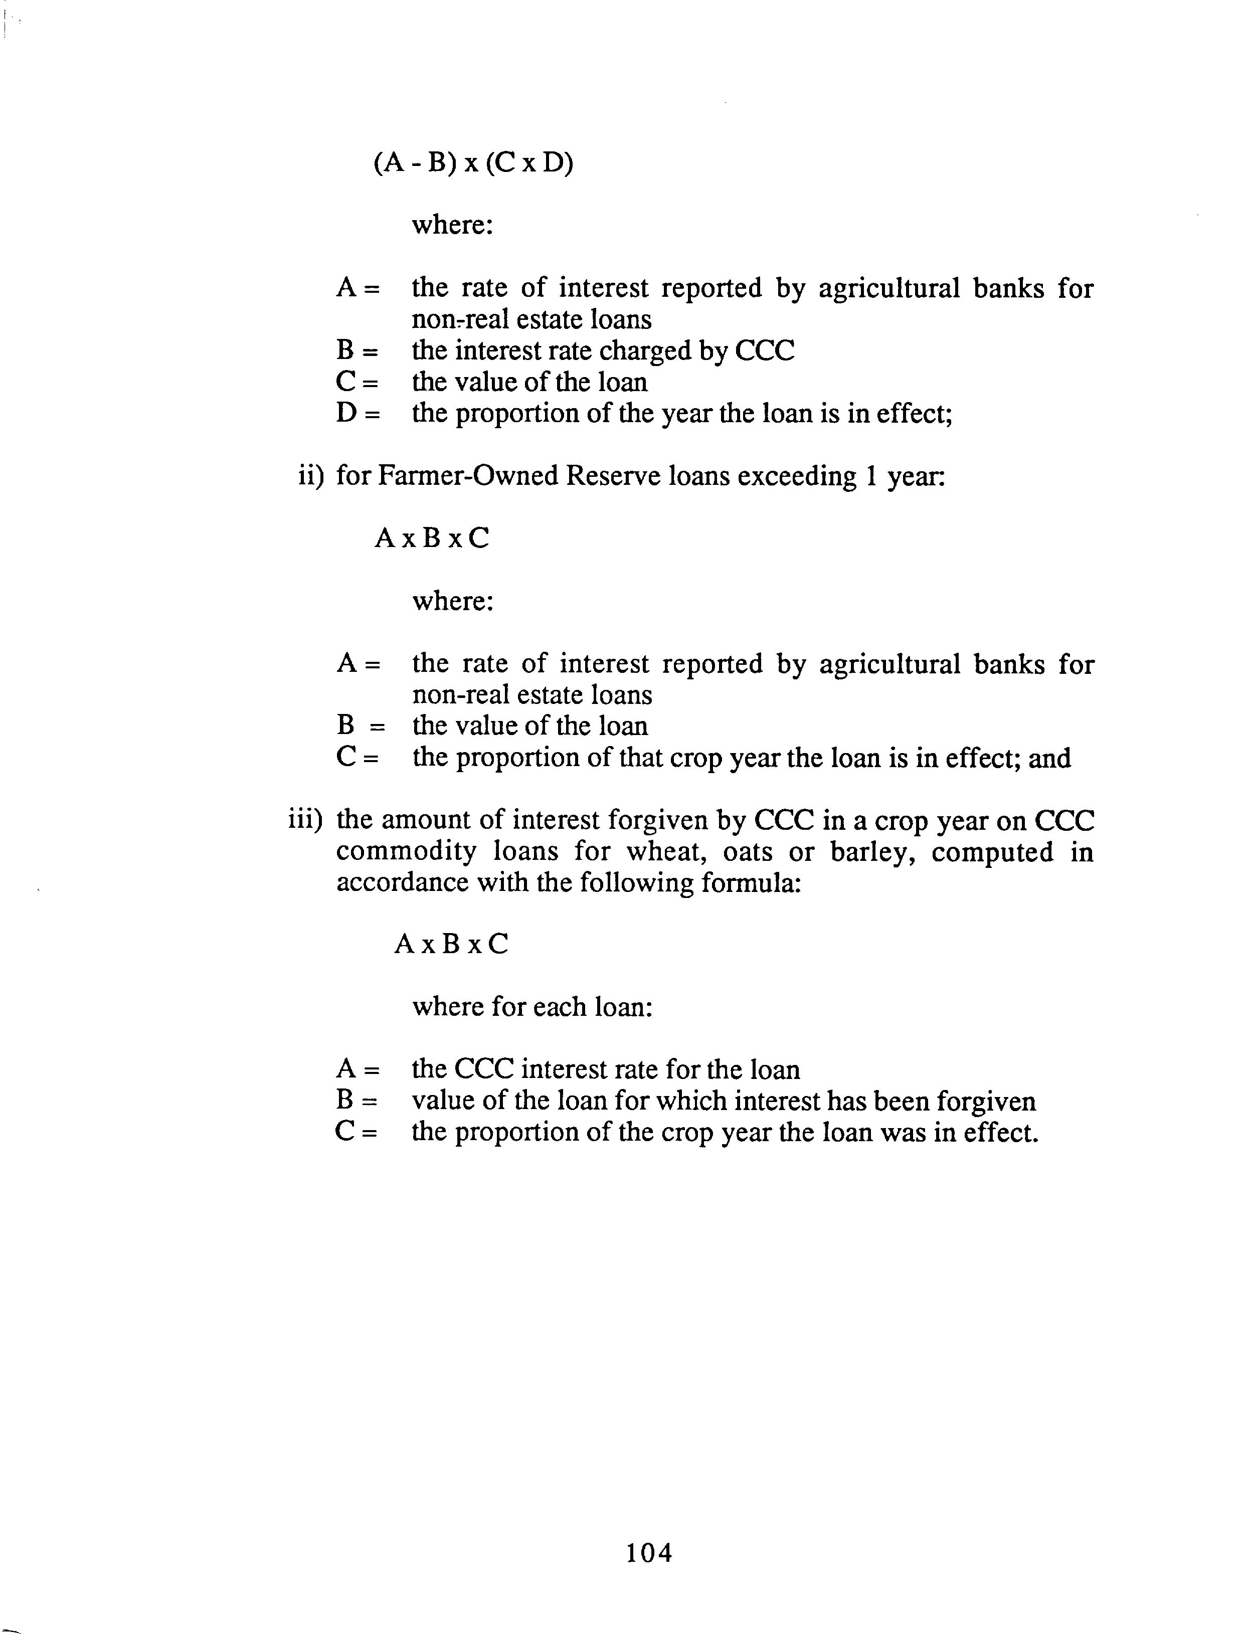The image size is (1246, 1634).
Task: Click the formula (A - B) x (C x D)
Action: click(473, 162)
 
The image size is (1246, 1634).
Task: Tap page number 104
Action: click(649, 1552)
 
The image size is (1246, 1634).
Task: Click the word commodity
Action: click(406, 853)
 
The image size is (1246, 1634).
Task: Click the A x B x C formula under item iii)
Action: click(452, 944)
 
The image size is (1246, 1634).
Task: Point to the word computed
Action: click(992, 853)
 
